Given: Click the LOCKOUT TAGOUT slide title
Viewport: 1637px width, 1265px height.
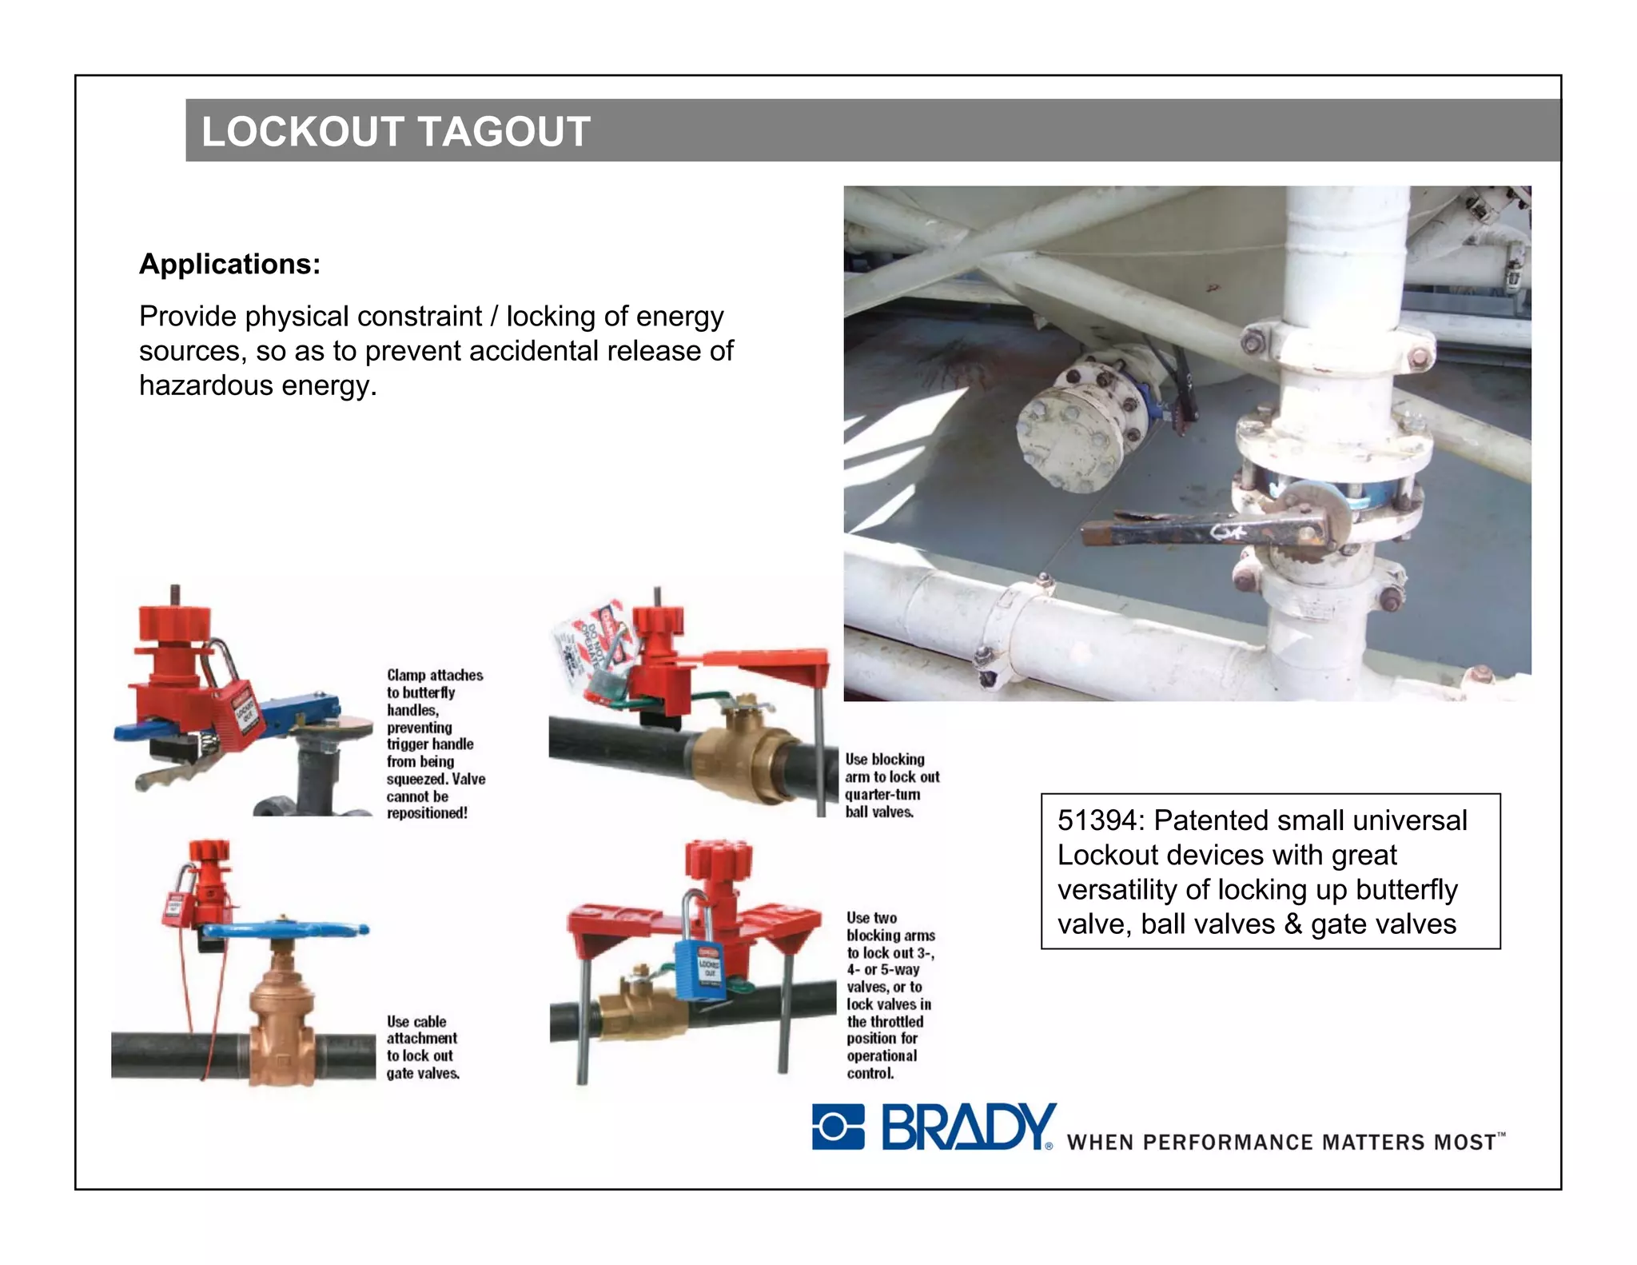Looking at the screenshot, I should [x=396, y=132].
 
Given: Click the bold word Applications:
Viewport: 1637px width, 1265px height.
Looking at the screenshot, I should [x=229, y=264].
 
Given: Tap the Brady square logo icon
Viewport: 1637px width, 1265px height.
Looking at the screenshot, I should [x=838, y=1127].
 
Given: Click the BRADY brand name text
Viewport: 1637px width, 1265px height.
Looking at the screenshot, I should [x=968, y=1127].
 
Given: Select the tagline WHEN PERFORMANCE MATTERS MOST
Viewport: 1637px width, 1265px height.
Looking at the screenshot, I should [x=1284, y=1142].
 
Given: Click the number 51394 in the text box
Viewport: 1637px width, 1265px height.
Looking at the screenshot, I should [x=1096, y=821].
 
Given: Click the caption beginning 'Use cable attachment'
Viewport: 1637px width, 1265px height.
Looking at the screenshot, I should [x=422, y=1048].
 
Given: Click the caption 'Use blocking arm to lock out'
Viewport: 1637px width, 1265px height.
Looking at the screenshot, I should [x=891, y=785].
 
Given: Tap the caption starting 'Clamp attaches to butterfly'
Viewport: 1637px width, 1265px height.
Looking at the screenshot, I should [x=435, y=744].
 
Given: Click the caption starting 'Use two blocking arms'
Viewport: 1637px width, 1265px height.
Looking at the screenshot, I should [x=890, y=996].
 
